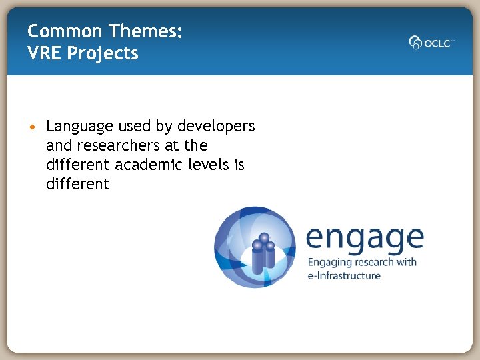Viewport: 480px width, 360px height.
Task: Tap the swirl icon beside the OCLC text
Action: (x=415, y=43)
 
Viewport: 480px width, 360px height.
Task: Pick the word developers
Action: (x=216, y=126)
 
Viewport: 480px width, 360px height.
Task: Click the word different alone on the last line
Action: (x=77, y=184)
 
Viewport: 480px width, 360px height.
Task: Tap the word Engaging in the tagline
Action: (x=331, y=262)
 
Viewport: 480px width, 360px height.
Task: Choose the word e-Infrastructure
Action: (x=343, y=275)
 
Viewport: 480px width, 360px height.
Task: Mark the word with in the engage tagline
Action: (x=405, y=262)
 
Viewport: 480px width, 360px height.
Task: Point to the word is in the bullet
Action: (x=239, y=165)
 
